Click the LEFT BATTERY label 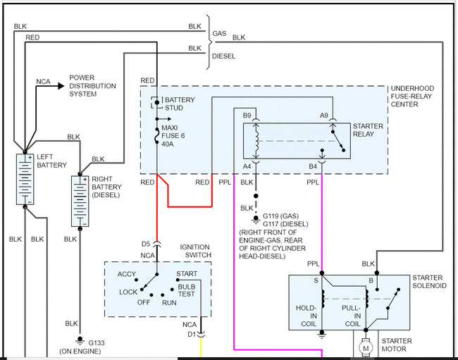click(51, 161)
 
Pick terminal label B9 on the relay click(247, 115)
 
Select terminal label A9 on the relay click(324, 115)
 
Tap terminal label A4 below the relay click(247, 166)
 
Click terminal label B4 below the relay click(313, 166)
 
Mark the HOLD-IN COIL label click(308, 314)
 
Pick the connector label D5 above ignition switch click(146, 244)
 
